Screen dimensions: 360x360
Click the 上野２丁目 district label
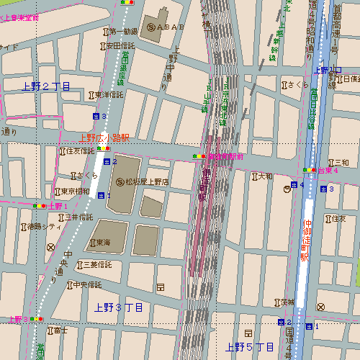click(x=47, y=86)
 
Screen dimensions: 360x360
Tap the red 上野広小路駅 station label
click(x=104, y=137)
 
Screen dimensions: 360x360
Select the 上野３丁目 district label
click(x=119, y=307)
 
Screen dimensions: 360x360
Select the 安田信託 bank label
click(x=120, y=46)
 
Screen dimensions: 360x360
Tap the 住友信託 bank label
click(x=79, y=152)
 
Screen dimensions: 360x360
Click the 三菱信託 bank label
click(x=99, y=265)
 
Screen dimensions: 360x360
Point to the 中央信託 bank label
click(x=87, y=285)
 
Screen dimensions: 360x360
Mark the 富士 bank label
click(x=61, y=331)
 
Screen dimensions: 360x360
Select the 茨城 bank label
click(x=288, y=302)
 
